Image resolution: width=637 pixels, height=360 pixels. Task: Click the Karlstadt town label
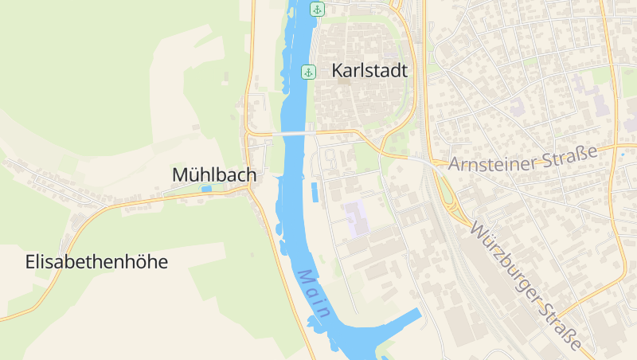[369, 71]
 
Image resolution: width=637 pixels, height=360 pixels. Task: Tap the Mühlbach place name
[214, 174]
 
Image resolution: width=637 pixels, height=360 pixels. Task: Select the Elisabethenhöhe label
[96, 261]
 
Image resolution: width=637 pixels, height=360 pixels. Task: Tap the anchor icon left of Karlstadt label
[308, 72]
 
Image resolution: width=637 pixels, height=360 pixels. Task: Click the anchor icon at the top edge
[317, 10]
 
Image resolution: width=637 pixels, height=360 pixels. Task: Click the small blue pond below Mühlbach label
[207, 190]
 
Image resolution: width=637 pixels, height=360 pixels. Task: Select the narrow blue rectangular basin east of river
[315, 192]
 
